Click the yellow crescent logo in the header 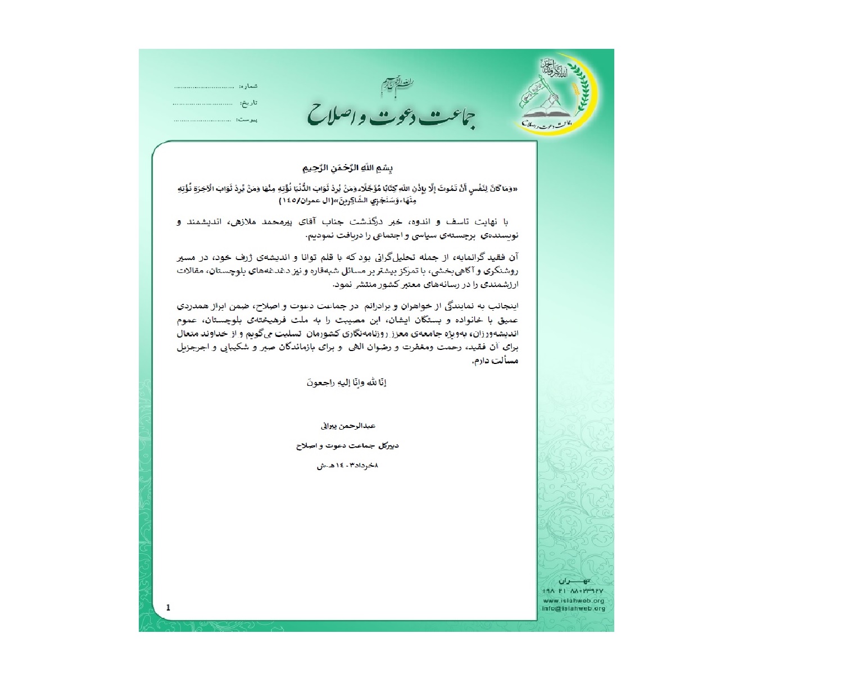(556, 95)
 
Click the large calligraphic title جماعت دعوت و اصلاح (392, 114)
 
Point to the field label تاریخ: (249, 103)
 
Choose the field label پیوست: (247, 120)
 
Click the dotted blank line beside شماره (203, 88)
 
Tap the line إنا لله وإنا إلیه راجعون (347, 383)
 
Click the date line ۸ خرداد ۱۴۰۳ (347, 464)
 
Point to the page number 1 (168, 607)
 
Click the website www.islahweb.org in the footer (574, 600)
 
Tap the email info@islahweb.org (574, 608)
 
